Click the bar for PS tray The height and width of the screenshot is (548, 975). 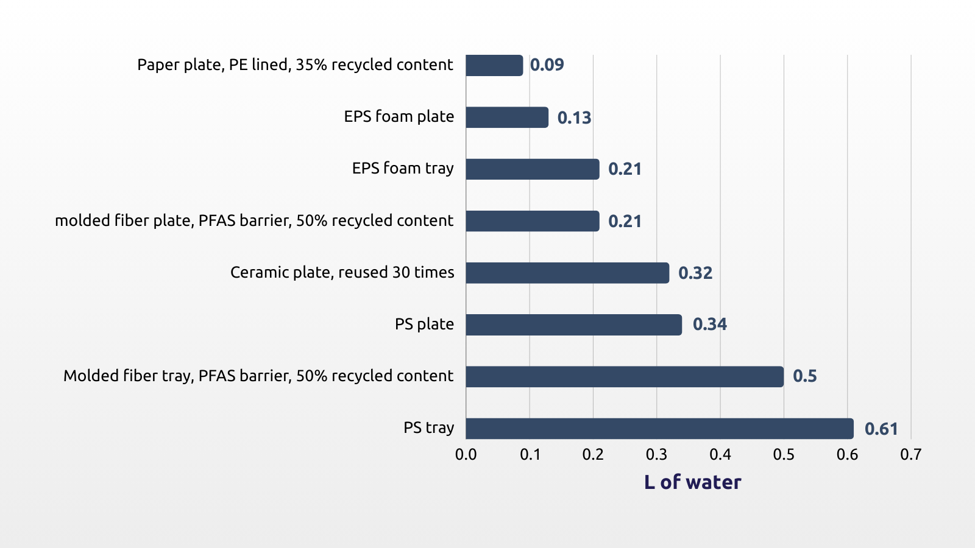click(659, 429)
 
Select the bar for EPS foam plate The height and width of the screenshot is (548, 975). click(507, 118)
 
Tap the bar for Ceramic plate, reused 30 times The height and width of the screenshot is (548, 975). click(567, 273)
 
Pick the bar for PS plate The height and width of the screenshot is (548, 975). click(573, 325)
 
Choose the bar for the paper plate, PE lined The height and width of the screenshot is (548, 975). click(494, 65)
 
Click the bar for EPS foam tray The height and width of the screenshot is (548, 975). click(533, 169)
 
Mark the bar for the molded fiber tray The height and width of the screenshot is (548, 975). click(625, 376)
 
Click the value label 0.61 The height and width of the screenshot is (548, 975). click(881, 429)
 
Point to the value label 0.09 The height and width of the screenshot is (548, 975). click(547, 65)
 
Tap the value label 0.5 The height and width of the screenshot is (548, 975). click(804, 376)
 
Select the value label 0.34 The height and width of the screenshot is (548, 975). click(709, 325)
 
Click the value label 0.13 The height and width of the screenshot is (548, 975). click(574, 118)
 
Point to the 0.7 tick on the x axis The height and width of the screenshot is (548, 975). click(910, 454)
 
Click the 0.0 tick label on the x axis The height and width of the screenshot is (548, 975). click(466, 454)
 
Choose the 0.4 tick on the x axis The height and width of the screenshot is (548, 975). click(720, 454)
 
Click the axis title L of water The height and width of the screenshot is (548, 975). click(692, 482)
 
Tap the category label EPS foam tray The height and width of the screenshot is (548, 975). click(403, 169)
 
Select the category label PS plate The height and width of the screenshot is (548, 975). click(424, 324)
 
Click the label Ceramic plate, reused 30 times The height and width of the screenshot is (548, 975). click(342, 272)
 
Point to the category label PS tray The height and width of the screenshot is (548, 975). click(428, 428)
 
